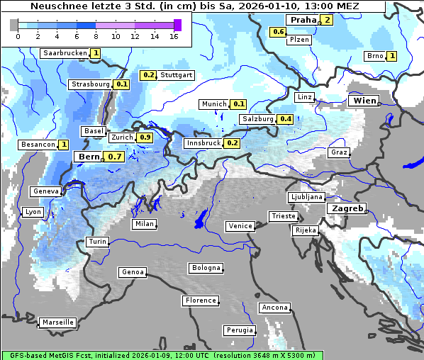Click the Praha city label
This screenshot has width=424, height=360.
tap(302, 20)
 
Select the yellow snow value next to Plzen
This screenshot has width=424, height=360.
tap(279, 32)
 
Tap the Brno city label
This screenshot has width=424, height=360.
tap(374, 56)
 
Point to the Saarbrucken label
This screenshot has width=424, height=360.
tap(65, 53)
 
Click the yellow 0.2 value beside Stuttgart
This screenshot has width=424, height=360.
tap(148, 75)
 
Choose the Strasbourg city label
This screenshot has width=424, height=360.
tap(91, 84)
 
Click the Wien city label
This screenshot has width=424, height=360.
tap(364, 101)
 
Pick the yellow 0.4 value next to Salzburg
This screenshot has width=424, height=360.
tap(285, 119)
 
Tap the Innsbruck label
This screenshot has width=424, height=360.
tap(203, 143)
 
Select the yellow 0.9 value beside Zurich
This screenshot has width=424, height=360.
tap(145, 137)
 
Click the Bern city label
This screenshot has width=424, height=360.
tap(89, 157)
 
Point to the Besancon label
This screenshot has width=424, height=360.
tap(38, 145)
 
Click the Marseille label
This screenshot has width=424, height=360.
tap(58, 322)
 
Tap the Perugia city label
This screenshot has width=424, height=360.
tap(240, 330)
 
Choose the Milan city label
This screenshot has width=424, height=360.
tap(144, 224)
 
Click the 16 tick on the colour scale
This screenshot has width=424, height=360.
tap(174, 35)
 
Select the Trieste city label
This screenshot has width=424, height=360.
tap(283, 216)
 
